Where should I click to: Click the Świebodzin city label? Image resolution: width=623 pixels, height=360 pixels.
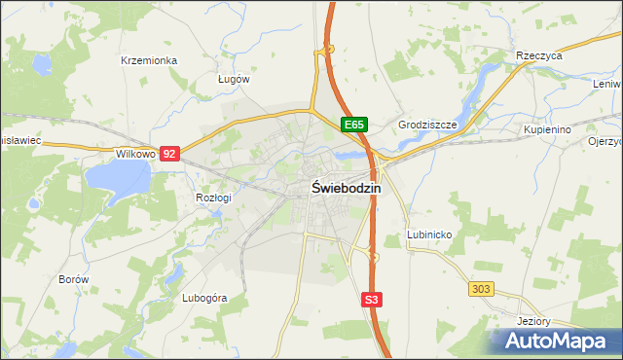coord(347,188)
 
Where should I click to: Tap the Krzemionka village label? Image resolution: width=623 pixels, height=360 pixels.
coord(149,60)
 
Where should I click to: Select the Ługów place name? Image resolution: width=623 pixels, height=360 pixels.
coord(234,79)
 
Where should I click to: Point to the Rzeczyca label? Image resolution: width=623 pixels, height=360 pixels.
coord(539,55)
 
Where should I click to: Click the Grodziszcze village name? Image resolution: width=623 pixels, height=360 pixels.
coord(427,126)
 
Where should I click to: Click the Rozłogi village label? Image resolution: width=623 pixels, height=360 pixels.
coord(213,198)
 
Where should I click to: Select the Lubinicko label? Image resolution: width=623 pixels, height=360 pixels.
coord(428,235)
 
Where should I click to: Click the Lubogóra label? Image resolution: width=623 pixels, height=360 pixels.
coord(204,298)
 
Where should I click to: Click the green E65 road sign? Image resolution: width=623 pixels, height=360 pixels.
coord(353,125)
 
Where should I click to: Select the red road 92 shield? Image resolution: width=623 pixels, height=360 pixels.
coord(170,154)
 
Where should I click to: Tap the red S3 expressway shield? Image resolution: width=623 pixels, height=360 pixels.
coord(371,300)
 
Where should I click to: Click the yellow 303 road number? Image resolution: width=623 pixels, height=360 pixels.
coord(480,289)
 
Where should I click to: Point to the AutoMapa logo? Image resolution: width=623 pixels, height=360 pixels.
coord(556,341)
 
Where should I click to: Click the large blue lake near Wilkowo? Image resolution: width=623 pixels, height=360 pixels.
coord(118,178)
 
